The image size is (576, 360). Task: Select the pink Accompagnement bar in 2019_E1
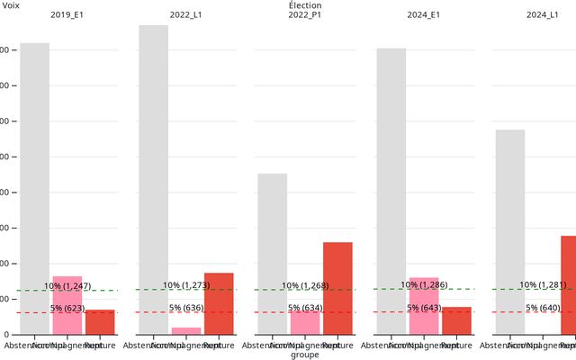(67, 306)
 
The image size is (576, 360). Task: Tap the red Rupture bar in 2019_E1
(100, 322)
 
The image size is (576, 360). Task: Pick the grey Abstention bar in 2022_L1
(153, 180)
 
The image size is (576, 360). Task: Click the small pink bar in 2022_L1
(186, 330)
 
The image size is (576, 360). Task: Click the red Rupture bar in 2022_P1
(337, 288)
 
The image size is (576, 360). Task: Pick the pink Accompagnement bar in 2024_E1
(424, 306)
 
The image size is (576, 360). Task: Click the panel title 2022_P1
(305, 15)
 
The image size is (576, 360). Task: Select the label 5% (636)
(186, 308)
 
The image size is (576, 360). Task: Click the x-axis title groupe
(305, 355)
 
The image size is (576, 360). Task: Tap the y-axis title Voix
(11, 5)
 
